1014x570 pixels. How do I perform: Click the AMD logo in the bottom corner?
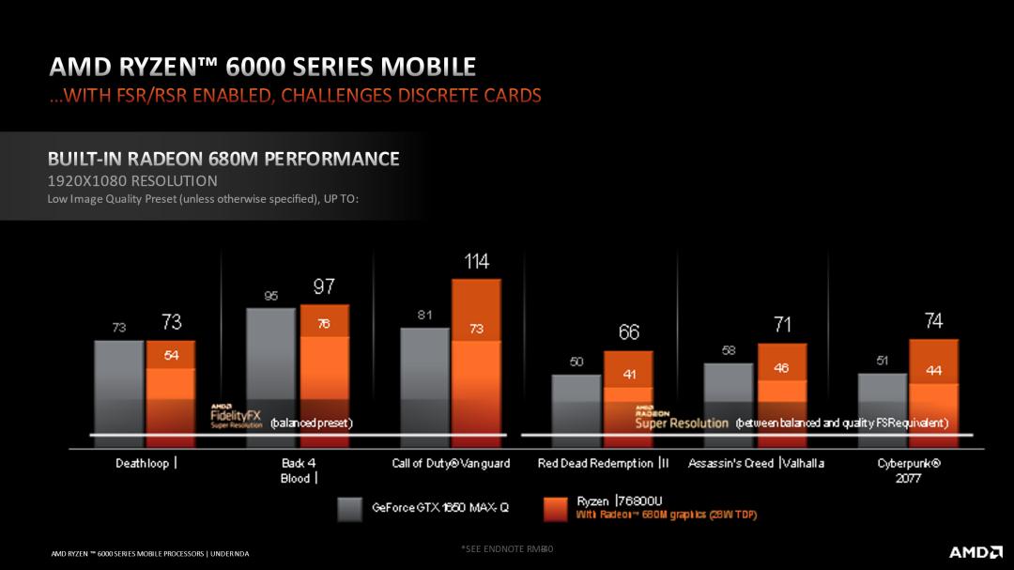point(975,551)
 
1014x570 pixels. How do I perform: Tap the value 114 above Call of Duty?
point(476,262)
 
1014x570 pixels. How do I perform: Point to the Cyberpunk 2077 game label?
point(909,470)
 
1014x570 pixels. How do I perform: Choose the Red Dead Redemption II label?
point(604,463)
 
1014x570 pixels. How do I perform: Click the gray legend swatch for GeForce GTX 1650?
point(349,508)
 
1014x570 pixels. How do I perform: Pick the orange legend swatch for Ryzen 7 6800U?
point(556,508)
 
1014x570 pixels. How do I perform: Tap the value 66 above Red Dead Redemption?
point(628,332)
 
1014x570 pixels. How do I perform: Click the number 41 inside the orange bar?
point(628,374)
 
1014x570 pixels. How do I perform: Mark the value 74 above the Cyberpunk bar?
point(933,321)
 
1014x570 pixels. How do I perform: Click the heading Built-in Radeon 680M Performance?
point(223,159)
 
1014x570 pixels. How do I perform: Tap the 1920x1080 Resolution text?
point(132,180)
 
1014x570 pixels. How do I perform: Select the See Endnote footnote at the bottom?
point(507,547)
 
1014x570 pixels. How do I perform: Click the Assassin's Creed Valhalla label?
point(757,463)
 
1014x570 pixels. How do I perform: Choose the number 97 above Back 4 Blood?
point(324,286)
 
